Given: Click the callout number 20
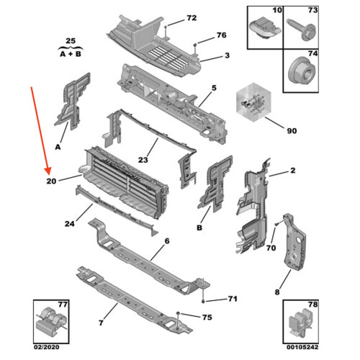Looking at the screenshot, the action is click(51, 181).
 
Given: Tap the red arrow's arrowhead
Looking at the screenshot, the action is click(48, 171).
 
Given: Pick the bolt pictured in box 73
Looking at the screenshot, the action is click(300, 28).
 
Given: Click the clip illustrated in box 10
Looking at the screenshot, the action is click(265, 28).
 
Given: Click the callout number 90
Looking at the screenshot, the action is click(292, 131).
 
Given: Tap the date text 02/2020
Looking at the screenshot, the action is click(46, 347).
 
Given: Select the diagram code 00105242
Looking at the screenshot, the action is click(302, 347).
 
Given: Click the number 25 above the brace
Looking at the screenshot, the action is click(71, 41).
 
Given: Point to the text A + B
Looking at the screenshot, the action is click(71, 54).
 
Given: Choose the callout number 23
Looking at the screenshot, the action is click(143, 160).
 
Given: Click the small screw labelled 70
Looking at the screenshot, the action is click(276, 224).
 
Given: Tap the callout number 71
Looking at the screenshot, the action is click(233, 299).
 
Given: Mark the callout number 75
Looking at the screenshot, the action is click(207, 318).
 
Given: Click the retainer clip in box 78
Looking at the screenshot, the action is click(300, 322).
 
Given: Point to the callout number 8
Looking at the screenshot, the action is click(277, 292).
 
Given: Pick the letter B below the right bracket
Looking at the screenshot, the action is click(199, 228).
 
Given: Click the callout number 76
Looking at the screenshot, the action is click(222, 35).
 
